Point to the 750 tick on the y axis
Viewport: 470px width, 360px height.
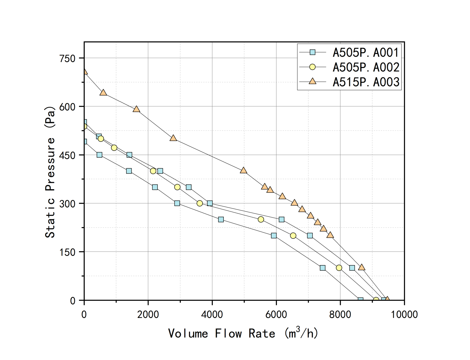click(x=67, y=59)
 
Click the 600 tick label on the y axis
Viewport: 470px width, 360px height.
click(x=67, y=107)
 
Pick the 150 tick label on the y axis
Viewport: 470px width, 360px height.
click(x=67, y=252)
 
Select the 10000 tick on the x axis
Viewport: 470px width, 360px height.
click(x=404, y=314)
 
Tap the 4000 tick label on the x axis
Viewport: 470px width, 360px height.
click(x=212, y=314)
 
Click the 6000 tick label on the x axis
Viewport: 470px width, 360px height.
click(x=276, y=314)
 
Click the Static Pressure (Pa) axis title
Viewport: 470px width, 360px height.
click(x=50, y=172)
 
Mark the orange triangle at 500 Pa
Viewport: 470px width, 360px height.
click(x=173, y=138)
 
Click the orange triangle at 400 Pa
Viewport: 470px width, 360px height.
click(x=243, y=171)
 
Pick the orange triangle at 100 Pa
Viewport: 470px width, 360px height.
click(x=362, y=267)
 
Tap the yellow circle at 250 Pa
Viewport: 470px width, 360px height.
click(x=261, y=220)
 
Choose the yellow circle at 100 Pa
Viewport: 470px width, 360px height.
click(x=339, y=268)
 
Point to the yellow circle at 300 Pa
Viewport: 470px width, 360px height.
click(x=199, y=203)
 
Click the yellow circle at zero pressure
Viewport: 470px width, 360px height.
click(x=376, y=300)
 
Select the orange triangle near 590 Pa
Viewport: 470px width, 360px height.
click(x=136, y=109)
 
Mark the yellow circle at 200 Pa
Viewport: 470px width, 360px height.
click(x=293, y=236)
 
